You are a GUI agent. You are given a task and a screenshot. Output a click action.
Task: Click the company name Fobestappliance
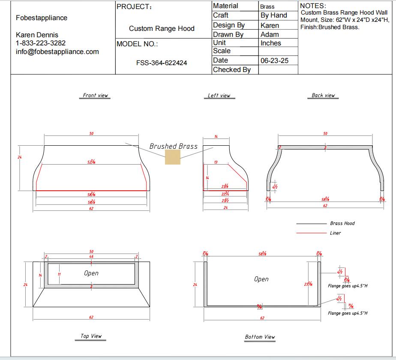tap(42, 18)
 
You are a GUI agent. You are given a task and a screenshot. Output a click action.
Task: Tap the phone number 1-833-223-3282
tap(41, 43)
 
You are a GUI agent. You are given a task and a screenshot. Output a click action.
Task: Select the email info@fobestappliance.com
tap(57, 52)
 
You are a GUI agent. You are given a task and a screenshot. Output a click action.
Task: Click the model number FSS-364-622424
tap(162, 63)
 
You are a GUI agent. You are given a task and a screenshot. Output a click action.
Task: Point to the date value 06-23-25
tap(274, 61)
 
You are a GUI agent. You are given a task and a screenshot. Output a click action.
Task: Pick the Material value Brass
tap(267, 7)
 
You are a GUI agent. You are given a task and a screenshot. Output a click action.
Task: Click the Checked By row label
tap(232, 69)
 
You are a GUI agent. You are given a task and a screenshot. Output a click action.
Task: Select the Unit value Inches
tap(271, 43)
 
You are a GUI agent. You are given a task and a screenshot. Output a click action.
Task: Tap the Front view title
tap(96, 96)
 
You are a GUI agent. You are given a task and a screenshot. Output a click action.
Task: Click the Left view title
tap(219, 96)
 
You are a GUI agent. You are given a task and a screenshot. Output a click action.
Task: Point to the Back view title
tap(323, 96)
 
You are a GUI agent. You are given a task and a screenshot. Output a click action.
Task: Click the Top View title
tap(91, 336)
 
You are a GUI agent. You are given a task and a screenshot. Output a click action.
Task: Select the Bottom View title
tap(260, 337)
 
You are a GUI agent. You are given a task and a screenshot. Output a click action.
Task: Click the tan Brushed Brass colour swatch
tap(173, 157)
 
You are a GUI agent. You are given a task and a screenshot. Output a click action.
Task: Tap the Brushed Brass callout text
tap(173, 146)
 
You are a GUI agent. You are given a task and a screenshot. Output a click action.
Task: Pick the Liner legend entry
tap(336, 233)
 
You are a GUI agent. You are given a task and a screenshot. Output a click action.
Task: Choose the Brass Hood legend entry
tap(342, 223)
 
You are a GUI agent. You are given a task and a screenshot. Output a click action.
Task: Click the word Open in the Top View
tap(91, 273)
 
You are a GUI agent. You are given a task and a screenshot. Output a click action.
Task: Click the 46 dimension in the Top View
tap(91, 256)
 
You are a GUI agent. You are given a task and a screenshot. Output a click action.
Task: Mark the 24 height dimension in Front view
tap(19, 157)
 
